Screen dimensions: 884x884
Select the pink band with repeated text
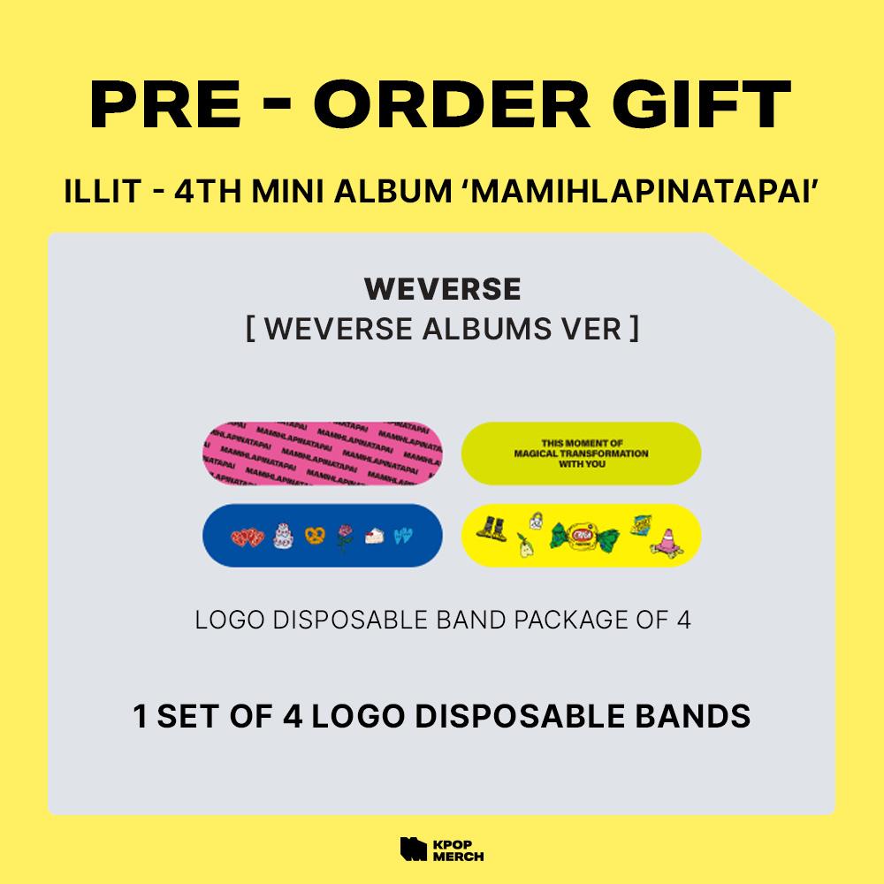coord(322,453)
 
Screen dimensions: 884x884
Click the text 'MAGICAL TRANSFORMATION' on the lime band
coord(582,453)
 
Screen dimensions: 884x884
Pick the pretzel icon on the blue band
coord(313,534)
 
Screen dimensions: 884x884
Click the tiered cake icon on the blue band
coord(283,533)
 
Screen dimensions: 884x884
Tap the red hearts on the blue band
coord(247,535)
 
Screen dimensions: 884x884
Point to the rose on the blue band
coord(344,534)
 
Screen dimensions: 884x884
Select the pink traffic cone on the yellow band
coord(663,536)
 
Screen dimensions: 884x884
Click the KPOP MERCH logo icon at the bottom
coord(413,848)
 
